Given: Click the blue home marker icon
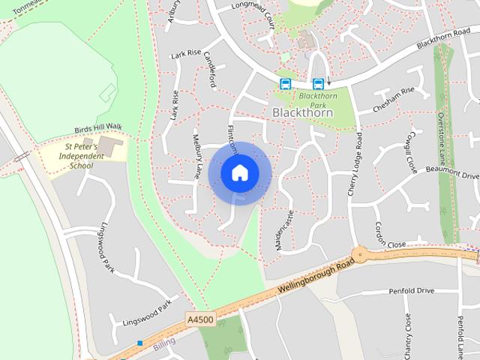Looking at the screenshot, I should click(x=239, y=172).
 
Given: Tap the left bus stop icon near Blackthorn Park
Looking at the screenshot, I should click(x=285, y=83).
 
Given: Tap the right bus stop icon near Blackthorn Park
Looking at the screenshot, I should click(x=318, y=83).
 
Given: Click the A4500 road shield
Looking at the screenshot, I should click(x=200, y=319).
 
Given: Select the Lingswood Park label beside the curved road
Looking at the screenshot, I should click(x=106, y=247).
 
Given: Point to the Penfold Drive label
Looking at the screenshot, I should click(x=411, y=290).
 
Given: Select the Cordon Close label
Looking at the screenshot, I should click(x=389, y=245).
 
